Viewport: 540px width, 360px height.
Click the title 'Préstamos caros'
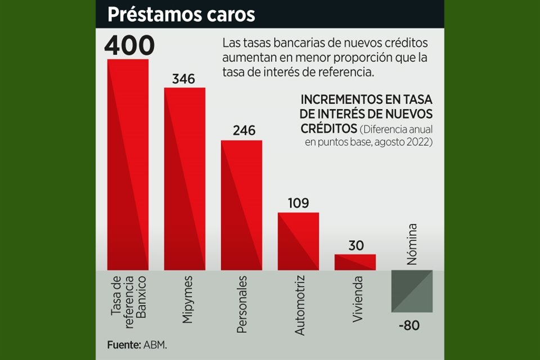point(181,15)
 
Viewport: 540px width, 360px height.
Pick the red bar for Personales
point(241,205)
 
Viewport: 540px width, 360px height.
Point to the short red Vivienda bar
point(355,262)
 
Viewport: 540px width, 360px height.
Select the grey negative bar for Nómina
point(412,291)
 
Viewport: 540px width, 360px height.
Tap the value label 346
point(183,79)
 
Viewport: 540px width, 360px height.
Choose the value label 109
point(298,203)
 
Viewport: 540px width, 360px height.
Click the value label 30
point(355,246)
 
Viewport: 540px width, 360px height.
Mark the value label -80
point(409,326)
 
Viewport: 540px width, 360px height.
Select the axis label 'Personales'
point(242,304)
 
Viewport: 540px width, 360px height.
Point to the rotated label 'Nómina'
point(412,245)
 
